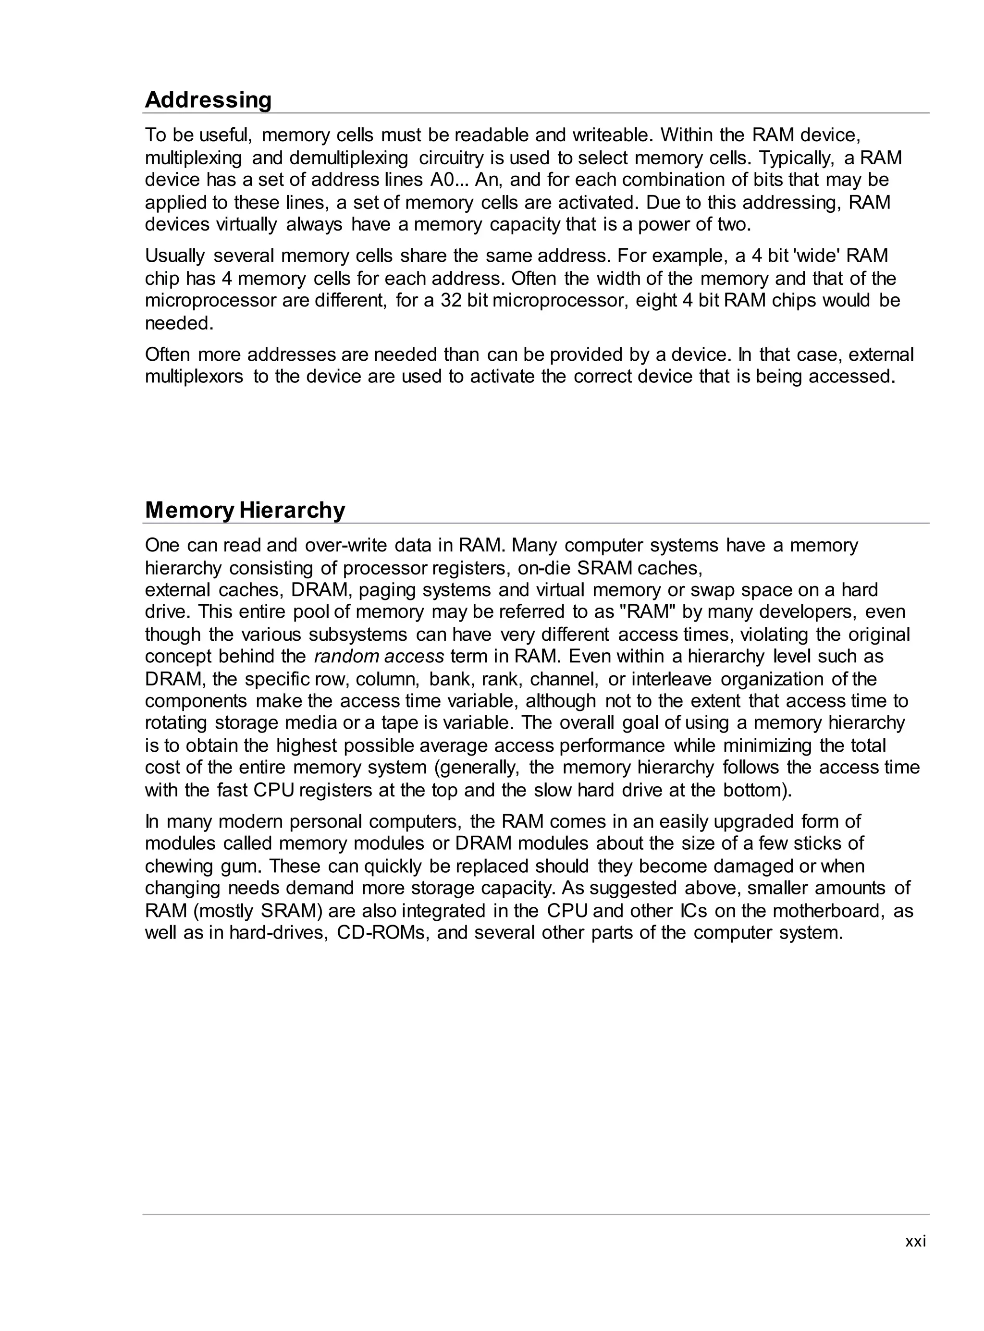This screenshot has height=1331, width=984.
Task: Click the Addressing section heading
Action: pyautogui.click(x=208, y=100)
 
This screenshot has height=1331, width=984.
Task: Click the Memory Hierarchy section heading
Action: pyautogui.click(x=245, y=511)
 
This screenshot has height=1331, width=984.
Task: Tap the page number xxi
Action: pyautogui.click(x=915, y=1241)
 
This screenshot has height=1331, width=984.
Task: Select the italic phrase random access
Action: pyautogui.click(x=379, y=656)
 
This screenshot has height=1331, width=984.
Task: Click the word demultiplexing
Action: pyautogui.click(x=349, y=158)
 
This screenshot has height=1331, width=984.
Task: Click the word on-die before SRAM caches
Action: pyautogui.click(x=544, y=568)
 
